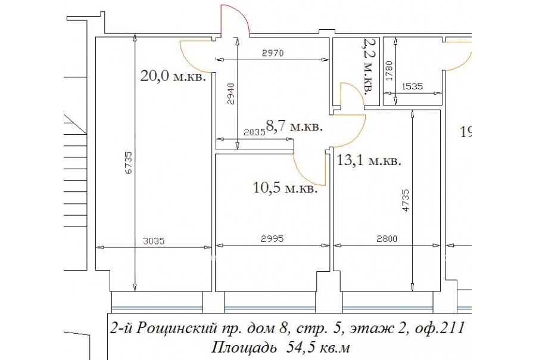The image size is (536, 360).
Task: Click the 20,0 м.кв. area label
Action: tap(173, 76)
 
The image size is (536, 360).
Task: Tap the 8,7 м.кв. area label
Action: tap(294, 127)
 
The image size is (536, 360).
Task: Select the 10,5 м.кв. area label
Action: tap(285, 188)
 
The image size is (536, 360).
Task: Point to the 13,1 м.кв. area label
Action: tap(369, 160)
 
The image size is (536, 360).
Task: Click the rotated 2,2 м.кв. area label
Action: tap(369, 66)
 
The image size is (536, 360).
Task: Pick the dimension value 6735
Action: tap(129, 163)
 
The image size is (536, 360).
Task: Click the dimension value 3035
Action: tap(154, 241)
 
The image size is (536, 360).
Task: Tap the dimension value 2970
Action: tap(273, 53)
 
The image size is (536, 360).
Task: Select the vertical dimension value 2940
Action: tap(232, 94)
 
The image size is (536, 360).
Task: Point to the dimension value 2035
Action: tap(255, 132)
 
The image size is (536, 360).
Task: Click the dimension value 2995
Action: tap(272, 238)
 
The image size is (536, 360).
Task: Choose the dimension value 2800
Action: tap(387, 238)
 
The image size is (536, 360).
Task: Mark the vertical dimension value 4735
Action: tap(406, 200)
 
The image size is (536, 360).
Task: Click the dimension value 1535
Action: tap(412, 86)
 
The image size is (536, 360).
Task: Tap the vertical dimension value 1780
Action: tap(389, 70)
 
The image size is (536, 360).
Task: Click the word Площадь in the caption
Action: tap(244, 348)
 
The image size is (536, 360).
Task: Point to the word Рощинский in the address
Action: tap(176, 329)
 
